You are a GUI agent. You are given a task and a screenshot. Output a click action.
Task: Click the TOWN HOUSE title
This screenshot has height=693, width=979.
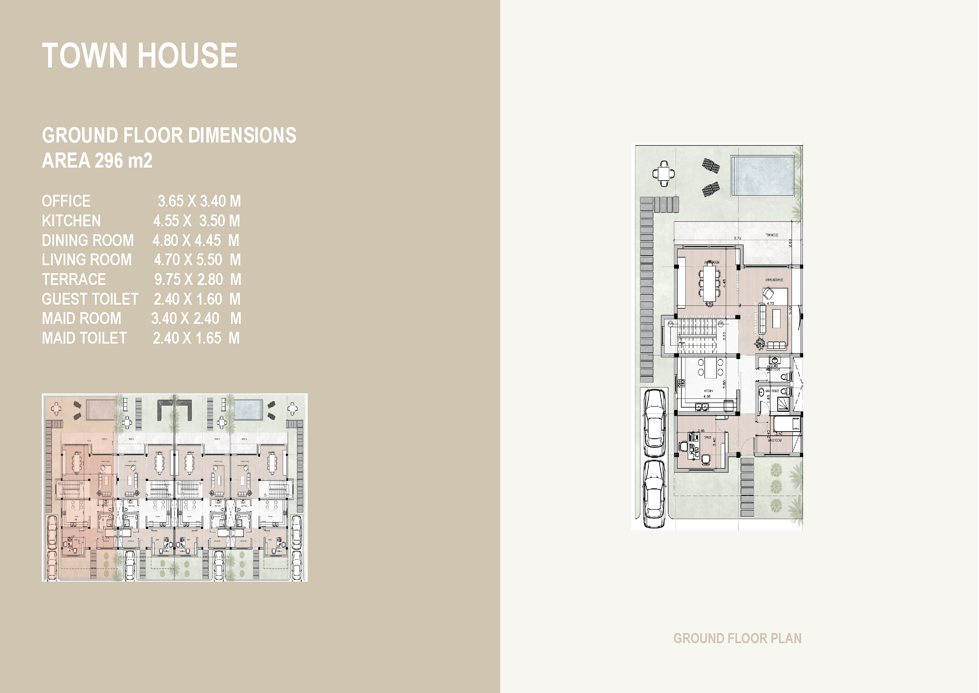[139, 55]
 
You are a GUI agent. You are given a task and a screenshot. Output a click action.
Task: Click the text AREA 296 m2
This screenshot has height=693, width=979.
[97, 161]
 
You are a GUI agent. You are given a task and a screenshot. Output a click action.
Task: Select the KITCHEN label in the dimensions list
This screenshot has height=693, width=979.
[71, 221]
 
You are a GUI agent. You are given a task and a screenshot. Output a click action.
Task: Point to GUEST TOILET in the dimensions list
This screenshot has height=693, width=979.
[90, 299]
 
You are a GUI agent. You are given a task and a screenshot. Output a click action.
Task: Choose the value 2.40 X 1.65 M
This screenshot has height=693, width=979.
[196, 339]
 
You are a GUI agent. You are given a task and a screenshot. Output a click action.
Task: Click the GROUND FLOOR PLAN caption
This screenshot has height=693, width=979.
[737, 639]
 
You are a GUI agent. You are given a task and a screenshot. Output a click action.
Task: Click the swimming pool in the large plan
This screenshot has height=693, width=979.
[762, 176]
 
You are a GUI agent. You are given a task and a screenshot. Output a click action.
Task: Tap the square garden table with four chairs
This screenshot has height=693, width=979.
[664, 174]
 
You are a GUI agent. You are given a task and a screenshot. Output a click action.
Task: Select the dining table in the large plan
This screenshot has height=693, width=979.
[709, 283]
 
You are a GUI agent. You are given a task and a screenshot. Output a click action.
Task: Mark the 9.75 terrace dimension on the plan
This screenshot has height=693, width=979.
[737, 238]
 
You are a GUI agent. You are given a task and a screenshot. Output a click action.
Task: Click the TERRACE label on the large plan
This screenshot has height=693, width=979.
[772, 235]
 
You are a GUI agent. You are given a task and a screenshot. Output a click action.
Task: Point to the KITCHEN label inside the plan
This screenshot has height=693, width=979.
[708, 391]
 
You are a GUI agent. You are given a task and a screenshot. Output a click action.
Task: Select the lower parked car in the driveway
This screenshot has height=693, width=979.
[654, 494]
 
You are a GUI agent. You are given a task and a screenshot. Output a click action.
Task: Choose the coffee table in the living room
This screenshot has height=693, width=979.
[776, 318]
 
